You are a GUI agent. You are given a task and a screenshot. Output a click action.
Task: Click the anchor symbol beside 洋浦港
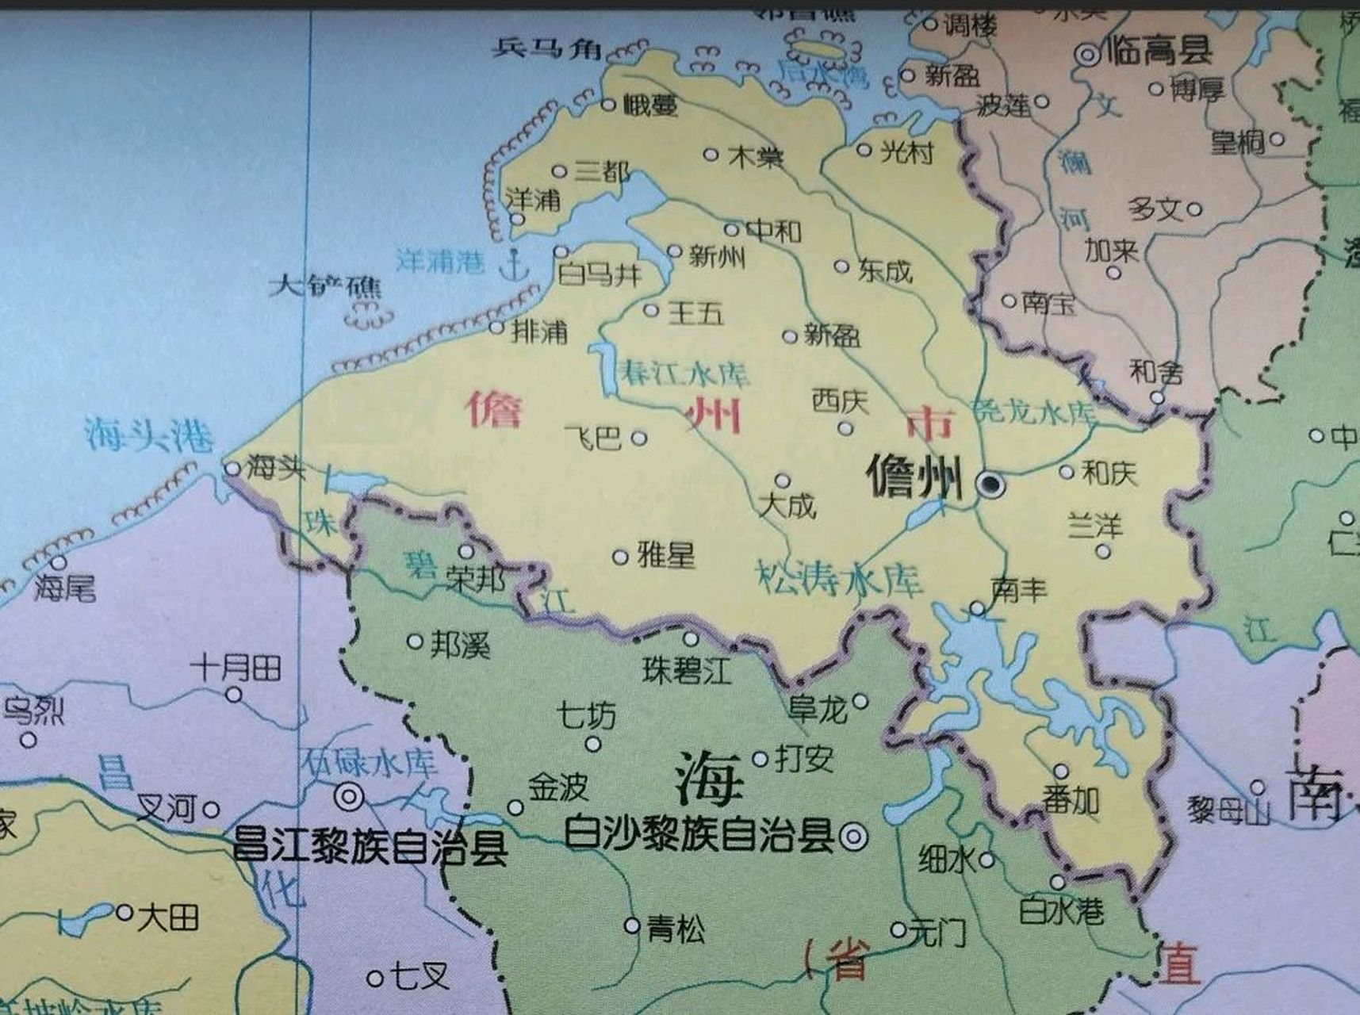514,264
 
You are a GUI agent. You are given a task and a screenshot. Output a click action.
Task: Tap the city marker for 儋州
990,483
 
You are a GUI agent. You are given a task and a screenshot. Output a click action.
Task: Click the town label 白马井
600,275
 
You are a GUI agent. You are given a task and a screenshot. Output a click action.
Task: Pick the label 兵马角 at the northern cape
547,48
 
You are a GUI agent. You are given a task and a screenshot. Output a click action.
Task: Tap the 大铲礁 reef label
325,285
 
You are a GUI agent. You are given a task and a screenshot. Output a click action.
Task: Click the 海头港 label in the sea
149,434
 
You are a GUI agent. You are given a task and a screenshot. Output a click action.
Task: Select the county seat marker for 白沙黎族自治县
853,835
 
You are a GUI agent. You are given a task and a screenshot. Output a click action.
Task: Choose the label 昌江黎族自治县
370,847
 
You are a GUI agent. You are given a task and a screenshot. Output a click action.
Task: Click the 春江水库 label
685,373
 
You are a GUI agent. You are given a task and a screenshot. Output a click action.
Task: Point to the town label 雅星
666,555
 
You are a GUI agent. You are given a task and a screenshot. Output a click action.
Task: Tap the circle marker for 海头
232,469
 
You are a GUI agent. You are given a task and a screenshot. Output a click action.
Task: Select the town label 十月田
236,668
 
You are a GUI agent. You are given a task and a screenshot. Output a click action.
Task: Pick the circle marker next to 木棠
711,155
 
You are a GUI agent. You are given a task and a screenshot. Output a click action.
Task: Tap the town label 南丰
1019,589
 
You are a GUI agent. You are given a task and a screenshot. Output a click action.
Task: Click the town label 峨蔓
650,105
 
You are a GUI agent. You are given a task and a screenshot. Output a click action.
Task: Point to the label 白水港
1061,911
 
